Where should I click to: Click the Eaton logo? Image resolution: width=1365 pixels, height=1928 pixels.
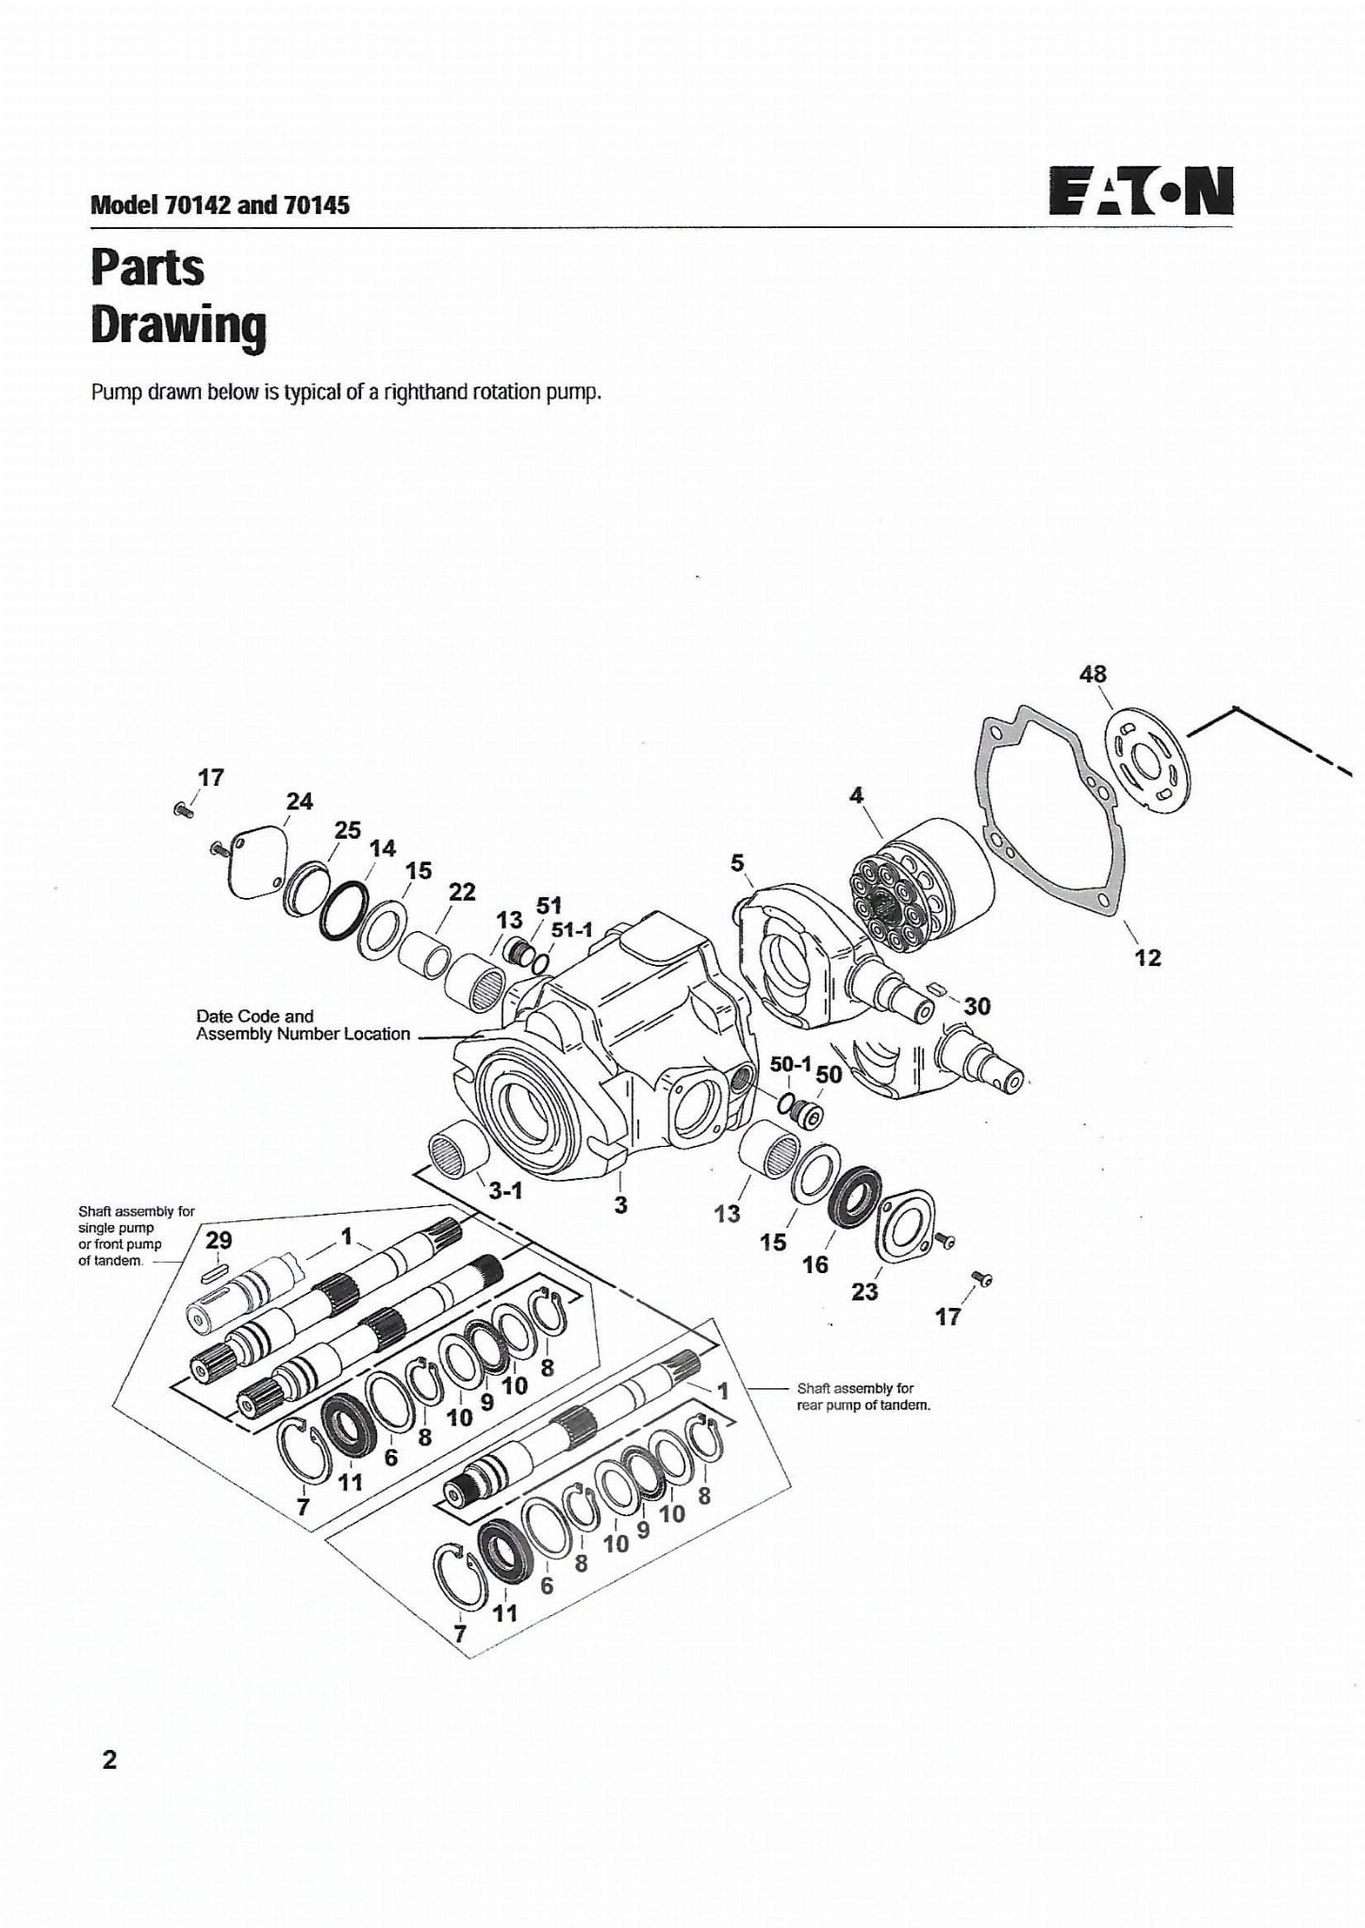coord(1141,192)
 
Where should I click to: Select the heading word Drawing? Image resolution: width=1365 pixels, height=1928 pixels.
coord(178,326)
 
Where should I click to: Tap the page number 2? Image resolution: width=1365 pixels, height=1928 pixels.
coord(109,1759)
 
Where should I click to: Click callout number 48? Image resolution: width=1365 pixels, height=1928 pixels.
coord(1093,674)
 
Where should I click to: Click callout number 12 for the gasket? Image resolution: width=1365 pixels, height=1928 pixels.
coord(1147,957)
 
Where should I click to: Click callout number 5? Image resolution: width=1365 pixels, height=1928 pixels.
coord(737,862)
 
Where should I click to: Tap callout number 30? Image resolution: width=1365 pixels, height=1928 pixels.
coord(977,1006)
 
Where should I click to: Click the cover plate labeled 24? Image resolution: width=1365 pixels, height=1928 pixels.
coord(252,864)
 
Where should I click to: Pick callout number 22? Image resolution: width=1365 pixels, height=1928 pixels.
coord(462,891)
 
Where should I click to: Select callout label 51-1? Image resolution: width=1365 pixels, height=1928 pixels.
coord(572,929)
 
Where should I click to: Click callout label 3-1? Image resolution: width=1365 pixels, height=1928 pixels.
coord(505,1190)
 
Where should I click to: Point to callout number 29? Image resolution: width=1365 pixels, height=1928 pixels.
coord(219,1240)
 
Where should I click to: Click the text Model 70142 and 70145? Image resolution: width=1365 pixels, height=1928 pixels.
coord(220,204)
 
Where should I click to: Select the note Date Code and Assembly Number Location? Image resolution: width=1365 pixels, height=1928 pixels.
coord(303,1025)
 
